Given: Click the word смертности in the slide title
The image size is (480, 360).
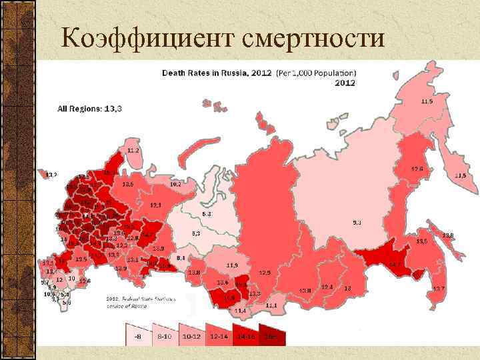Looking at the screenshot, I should pyautogui.click(x=311, y=38).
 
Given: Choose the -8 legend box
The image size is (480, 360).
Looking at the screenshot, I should pyautogui.click(x=137, y=335).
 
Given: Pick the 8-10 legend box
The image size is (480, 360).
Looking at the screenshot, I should pyautogui.click(x=163, y=335).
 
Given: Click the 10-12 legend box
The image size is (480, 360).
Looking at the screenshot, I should pyautogui.click(x=191, y=335).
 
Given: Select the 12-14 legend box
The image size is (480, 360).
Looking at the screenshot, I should pyautogui.click(x=219, y=335).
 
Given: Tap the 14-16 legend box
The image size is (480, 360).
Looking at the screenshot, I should pyautogui.click(x=245, y=335).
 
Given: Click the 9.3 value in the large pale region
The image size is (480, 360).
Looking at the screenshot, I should pyautogui.click(x=357, y=222).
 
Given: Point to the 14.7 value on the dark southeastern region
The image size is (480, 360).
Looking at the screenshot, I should pyautogui.click(x=395, y=265).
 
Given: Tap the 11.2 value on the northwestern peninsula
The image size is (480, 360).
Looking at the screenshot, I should pyautogui.click(x=133, y=151).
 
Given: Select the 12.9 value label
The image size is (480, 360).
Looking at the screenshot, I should pyautogui.click(x=265, y=273).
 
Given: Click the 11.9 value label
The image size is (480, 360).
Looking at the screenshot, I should pyautogui.click(x=232, y=265).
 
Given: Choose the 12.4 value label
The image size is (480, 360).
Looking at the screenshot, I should pyautogui.click(x=327, y=287).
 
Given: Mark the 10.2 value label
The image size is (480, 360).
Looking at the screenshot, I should pyautogui.click(x=175, y=183).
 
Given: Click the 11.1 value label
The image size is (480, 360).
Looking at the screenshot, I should pyautogui.click(x=271, y=305).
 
